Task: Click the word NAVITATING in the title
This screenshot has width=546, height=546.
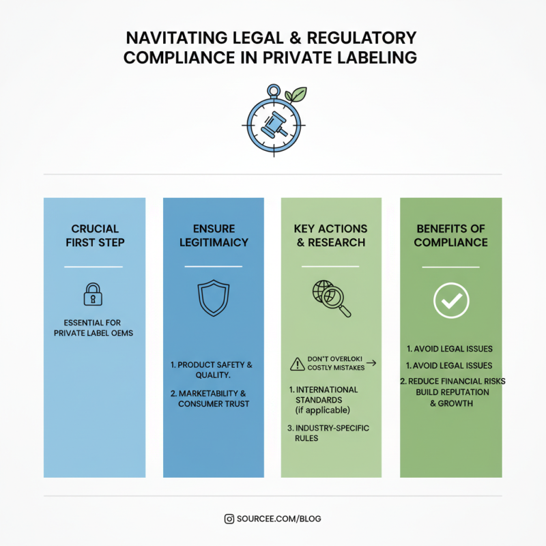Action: [x=177, y=38]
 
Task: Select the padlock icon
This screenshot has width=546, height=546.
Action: [x=93, y=294]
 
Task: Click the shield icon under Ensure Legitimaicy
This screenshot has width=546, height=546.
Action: [x=214, y=298]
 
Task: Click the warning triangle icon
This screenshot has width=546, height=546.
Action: [x=298, y=364]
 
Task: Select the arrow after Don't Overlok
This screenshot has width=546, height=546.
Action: [x=371, y=363]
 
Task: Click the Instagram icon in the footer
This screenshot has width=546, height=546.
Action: [x=229, y=519]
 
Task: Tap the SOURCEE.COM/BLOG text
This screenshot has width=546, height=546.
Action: [x=279, y=519]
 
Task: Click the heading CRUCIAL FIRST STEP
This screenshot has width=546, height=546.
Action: [x=95, y=235]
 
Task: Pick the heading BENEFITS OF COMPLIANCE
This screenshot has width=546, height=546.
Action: [x=451, y=235]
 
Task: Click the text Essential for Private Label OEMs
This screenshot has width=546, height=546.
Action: [x=94, y=328]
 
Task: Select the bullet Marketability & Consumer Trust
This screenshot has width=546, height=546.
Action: [x=210, y=399]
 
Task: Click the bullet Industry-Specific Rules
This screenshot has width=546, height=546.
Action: [x=328, y=433]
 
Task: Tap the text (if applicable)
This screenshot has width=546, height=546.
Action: [x=322, y=410]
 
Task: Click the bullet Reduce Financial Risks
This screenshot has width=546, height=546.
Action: [x=452, y=382]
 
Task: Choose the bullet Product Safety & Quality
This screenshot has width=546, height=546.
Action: [x=212, y=370]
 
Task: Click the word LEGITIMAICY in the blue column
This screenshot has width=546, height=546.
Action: [x=214, y=242]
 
